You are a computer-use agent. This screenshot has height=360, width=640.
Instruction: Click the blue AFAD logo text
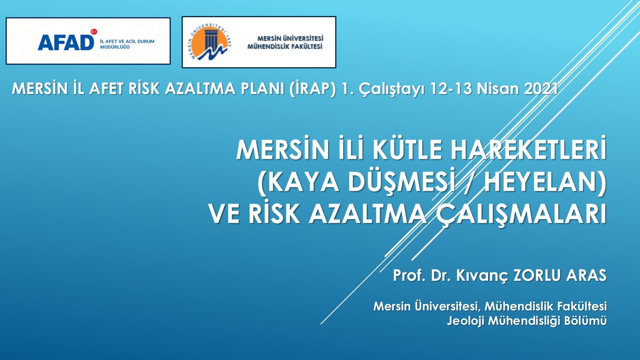pyautogui.click(x=66, y=42)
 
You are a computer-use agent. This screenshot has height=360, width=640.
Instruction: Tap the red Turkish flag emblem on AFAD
pyautogui.click(x=94, y=32)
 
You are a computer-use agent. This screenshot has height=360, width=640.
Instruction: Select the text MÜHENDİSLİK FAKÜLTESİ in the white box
pyautogui.click(x=285, y=46)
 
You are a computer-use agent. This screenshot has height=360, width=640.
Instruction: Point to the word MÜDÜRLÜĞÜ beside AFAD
pyautogui.click(x=114, y=47)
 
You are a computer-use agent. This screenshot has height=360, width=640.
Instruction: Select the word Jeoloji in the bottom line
pyautogui.click(x=466, y=320)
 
